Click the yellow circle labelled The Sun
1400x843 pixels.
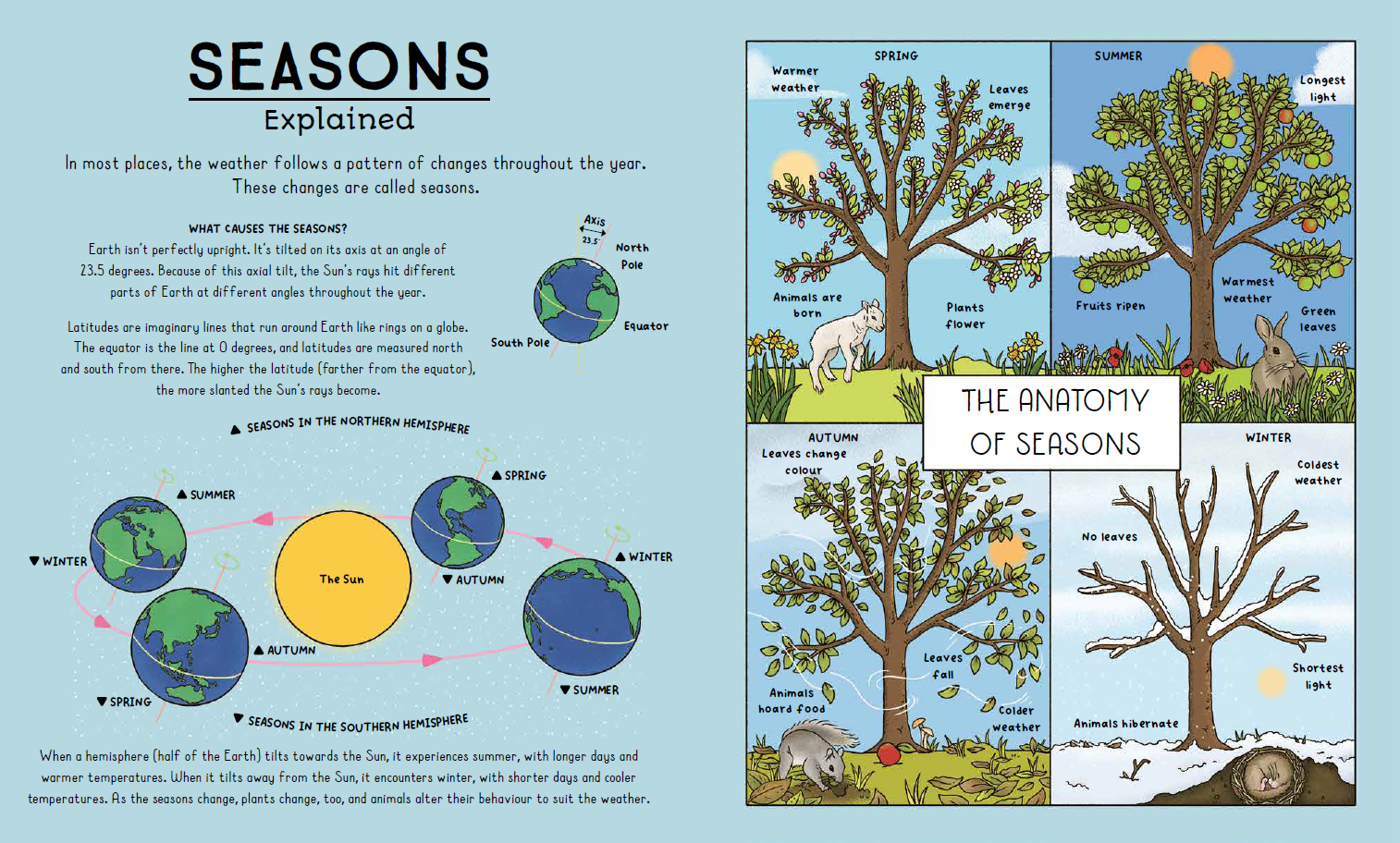(342, 578)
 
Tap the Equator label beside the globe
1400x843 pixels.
(645, 326)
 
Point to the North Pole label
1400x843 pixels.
(632, 256)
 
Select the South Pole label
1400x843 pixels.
(520, 342)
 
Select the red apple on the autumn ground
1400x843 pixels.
(888, 753)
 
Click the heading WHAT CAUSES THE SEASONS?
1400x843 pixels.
(267, 228)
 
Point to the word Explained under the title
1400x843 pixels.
(338, 119)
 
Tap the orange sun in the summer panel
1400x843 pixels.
(1210, 64)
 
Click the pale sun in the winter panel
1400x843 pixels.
(1271, 682)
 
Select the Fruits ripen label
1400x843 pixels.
(1110, 306)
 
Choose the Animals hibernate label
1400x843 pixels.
(1125, 724)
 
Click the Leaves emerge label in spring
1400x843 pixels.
(1010, 97)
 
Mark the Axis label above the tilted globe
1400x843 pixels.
(595, 221)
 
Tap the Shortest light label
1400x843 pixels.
(1318, 676)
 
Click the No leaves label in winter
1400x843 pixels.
(1110, 537)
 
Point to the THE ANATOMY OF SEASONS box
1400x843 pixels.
(1051, 422)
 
